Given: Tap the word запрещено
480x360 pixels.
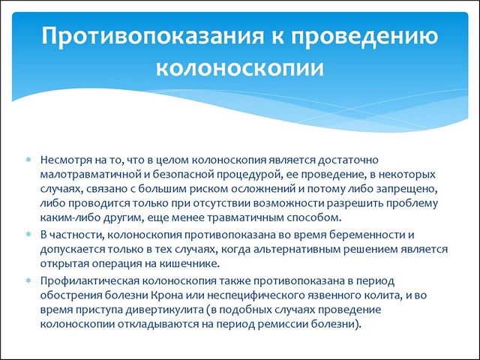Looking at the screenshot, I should coord(418,190).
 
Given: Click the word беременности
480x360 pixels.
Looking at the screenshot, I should coord(358,235).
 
